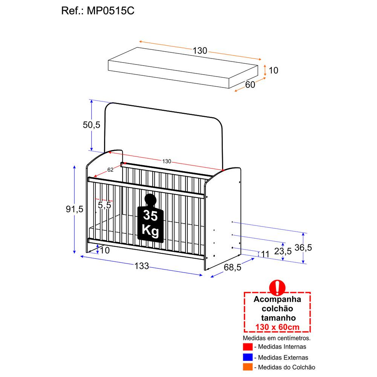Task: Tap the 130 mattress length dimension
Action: coord(200,51)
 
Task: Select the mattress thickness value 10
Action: coord(274,70)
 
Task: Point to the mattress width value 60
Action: coord(250,85)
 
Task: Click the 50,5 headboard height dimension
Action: coord(92,125)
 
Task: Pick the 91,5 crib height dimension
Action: coord(74,210)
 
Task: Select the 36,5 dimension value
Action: coord(303,248)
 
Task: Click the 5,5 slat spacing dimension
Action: coord(104,205)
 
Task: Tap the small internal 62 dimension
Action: coord(110,170)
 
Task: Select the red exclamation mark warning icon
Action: coord(277,287)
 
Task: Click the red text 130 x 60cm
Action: coord(277,327)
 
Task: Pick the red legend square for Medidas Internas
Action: coord(248,347)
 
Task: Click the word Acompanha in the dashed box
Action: coord(277,300)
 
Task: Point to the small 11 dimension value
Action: coord(265,254)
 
